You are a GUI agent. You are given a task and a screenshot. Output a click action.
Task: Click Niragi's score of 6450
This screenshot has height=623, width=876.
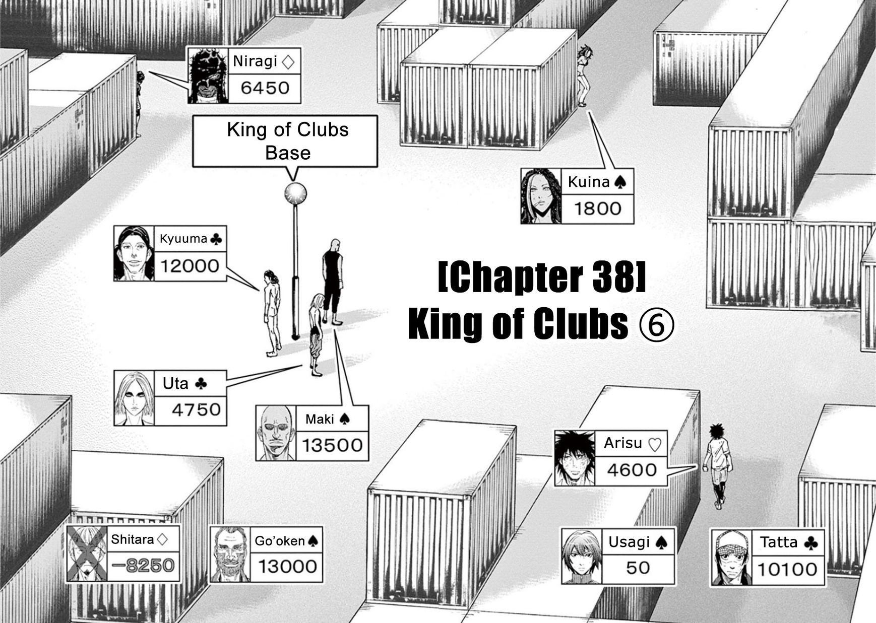(x=265, y=88)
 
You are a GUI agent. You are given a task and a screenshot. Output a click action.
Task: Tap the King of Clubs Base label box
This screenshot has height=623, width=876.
(x=285, y=141)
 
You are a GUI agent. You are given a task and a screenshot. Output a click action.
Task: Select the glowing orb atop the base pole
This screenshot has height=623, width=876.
(x=295, y=192)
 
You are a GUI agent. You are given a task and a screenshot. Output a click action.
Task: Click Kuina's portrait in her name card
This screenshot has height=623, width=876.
(x=541, y=196)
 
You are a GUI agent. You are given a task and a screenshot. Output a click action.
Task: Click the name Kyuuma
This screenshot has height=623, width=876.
(x=183, y=239)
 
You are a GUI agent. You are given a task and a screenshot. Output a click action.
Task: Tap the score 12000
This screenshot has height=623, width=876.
(x=190, y=265)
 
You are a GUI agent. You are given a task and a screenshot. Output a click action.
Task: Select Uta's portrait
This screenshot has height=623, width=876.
(x=134, y=398)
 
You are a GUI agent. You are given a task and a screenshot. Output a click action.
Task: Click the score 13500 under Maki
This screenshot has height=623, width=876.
(x=332, y=445)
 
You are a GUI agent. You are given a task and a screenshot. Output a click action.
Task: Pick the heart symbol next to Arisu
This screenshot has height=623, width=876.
(x=654, y=444)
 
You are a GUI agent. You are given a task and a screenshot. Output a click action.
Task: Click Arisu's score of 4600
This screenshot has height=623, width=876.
(x=632, y=470)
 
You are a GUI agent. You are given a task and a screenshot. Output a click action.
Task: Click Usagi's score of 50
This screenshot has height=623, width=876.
(x=638, y=568)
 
